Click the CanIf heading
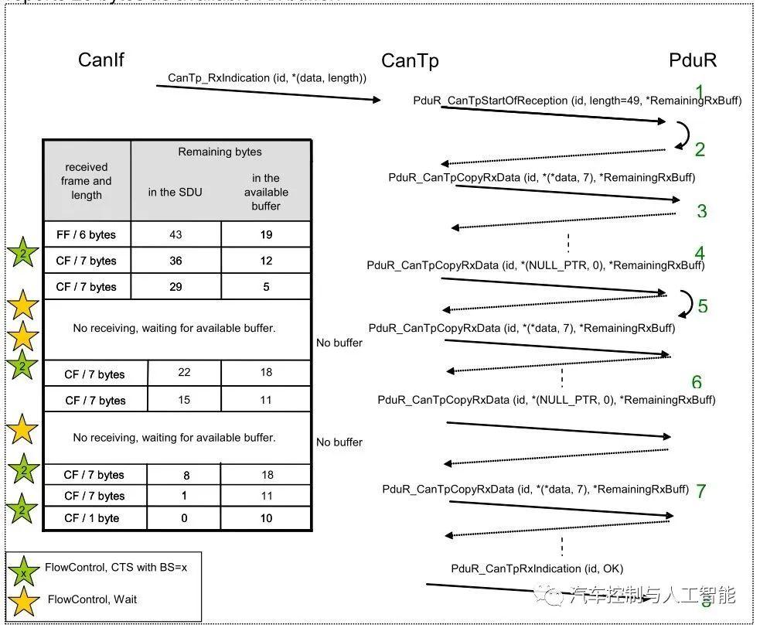(101, 60)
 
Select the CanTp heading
(410, 61)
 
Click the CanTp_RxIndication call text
(267, 78)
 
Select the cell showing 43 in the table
(176, 234)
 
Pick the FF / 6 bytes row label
(87, 234)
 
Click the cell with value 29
(176, 286)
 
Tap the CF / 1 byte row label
(91, 517)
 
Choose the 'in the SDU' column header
(176, 192)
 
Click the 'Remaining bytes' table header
(220, 152)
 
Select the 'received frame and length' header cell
(87, 181)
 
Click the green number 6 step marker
(697, 382)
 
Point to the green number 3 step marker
(701, 211)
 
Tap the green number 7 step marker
(700, 491)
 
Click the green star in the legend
(24, 570)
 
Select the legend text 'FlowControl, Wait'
(93, 599)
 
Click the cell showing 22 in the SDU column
(184, 373)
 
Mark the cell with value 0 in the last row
(184, 517)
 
